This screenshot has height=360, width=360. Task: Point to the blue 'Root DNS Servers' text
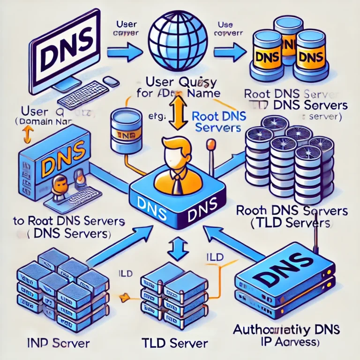click(217, 121)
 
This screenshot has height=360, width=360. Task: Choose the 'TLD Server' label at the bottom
click(174, 343)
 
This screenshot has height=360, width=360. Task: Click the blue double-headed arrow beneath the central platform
click(178, 248)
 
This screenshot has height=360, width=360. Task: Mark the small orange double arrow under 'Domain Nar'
click(27, 135)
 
